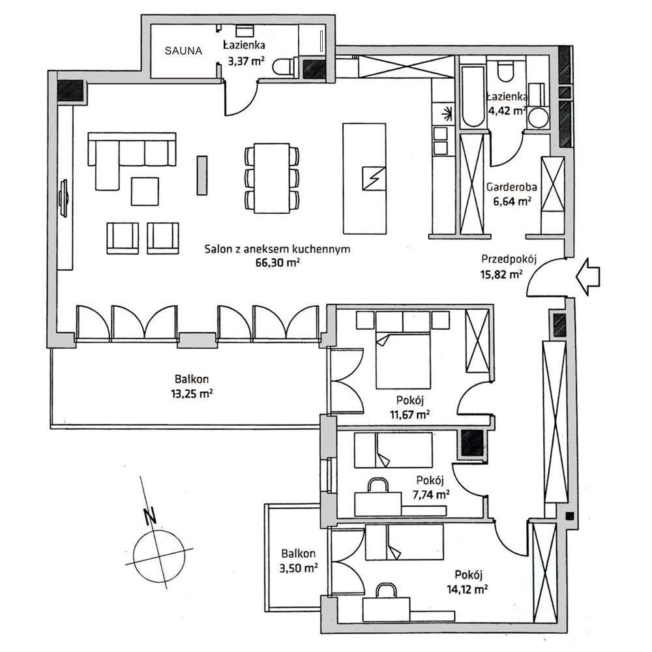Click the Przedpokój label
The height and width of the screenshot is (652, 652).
click(x=509, y=258)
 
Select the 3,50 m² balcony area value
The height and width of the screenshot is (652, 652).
click(x=297, y=568)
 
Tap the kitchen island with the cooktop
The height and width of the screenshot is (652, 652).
click(x=364, y=177)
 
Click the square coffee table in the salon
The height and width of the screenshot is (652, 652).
click(x=145, y=191)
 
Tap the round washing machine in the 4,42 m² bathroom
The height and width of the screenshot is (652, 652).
click(x=539, y=118)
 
